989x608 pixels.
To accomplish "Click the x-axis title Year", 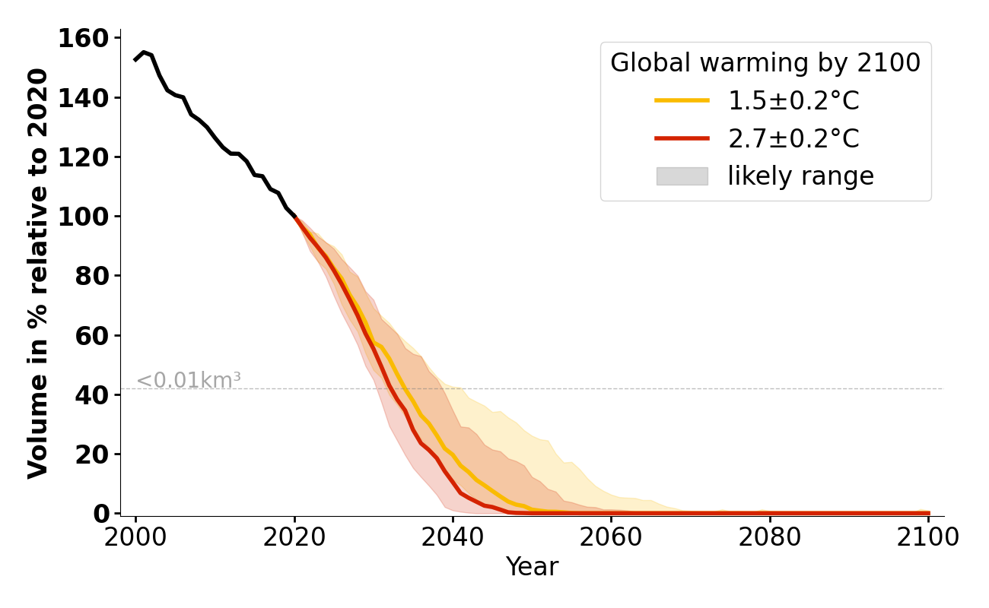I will pos(532,567).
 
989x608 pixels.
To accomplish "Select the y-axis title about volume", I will pos(38,274).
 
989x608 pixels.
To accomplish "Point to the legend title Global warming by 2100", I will pos(765,63).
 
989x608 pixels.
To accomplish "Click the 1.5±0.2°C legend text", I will pos(793,100).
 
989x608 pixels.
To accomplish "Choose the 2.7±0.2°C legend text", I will pos(793,138).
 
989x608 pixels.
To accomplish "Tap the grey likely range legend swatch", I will pos(682,176).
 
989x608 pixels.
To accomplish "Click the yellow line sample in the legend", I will pos(682,100).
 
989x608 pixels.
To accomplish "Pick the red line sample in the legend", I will pos(682,138).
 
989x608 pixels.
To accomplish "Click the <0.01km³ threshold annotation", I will pos(189,380).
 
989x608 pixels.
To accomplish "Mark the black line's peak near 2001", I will pos(143,52).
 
